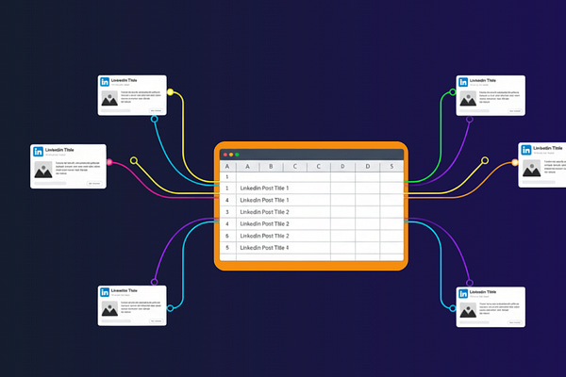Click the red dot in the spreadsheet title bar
click(224, 154)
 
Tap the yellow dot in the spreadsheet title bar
click(230, 154)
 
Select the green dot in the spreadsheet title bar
click(237, 154)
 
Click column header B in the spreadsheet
click(271, 168)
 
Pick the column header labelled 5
click(391, 168)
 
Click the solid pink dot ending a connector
click(110, 163)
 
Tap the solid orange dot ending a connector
click(515, 163)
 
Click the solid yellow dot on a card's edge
click(170, 92)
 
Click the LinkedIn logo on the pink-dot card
click(39, 152)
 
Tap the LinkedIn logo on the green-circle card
click(463, 83)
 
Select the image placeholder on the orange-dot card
click(530, 170)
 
